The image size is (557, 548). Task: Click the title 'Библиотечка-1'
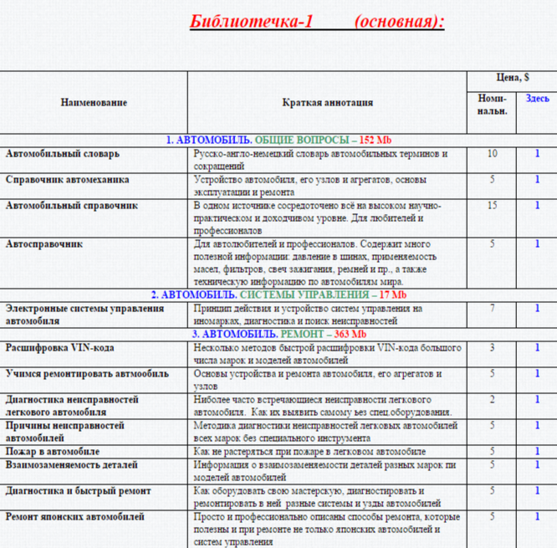(x=251, y=21)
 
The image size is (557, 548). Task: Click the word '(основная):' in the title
(x=399, y=21)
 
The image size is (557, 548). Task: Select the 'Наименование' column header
(x=94, y=102)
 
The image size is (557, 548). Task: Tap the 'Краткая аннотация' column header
(x=327, y=102)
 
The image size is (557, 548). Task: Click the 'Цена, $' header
(x=511, y=78)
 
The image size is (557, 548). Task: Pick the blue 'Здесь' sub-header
(x=537, y=98)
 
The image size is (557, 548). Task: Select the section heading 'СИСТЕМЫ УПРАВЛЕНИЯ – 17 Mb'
(x=334, y=294)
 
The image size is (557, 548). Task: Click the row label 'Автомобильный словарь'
(x=63, y=154)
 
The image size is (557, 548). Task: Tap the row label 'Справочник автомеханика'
(x=67, y=179)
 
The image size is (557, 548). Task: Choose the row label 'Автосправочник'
(x=43, y=244)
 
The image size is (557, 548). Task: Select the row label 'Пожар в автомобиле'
(x=53, y=451)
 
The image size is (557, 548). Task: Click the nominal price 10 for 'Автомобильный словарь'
(x=492, y=154)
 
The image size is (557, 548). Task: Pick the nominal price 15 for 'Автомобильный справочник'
(x=492, y=205)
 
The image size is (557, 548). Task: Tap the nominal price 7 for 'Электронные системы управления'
(x=492, y=309)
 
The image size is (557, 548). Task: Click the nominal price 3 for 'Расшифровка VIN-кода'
(x=492, y=347)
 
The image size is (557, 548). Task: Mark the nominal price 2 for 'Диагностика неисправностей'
(x=492, y=399)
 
